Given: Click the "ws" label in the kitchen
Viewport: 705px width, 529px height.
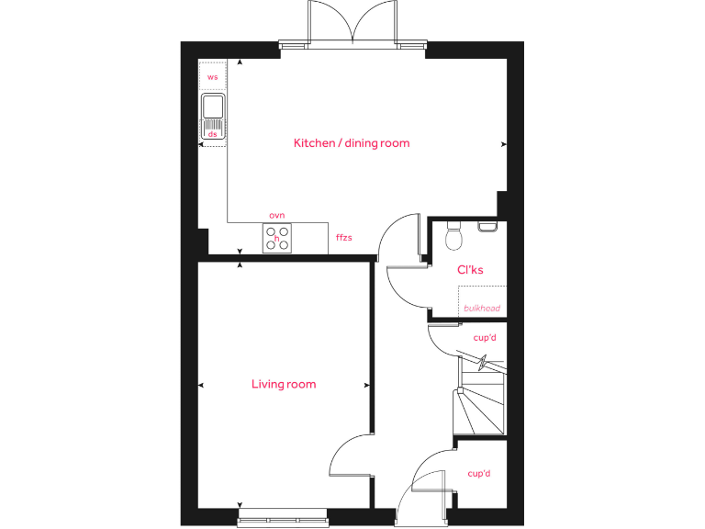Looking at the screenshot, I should (213, 77).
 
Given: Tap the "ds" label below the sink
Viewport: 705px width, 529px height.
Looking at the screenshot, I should (212, 134).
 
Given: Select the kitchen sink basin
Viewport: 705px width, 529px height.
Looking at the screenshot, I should (212, 106).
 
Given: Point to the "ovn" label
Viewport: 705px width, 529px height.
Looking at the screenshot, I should (277, 215).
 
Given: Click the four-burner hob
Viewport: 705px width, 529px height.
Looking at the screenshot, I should (278, 239).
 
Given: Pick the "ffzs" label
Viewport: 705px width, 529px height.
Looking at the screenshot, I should (344, 238).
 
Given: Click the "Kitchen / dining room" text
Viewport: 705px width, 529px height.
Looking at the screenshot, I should (352, 143).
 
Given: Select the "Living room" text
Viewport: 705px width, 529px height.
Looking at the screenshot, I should (284, 384).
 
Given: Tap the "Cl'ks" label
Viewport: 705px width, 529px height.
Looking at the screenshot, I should (470, 270).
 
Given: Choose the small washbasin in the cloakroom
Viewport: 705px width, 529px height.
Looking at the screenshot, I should (487, 224).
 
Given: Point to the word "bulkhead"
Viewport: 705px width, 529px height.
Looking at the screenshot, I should (482, 308).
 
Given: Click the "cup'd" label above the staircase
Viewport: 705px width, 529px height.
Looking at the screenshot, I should (484, 338).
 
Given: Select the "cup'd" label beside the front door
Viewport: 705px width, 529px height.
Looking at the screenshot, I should (479, 474).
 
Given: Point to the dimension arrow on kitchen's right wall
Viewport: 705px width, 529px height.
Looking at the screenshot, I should (503, 144).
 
